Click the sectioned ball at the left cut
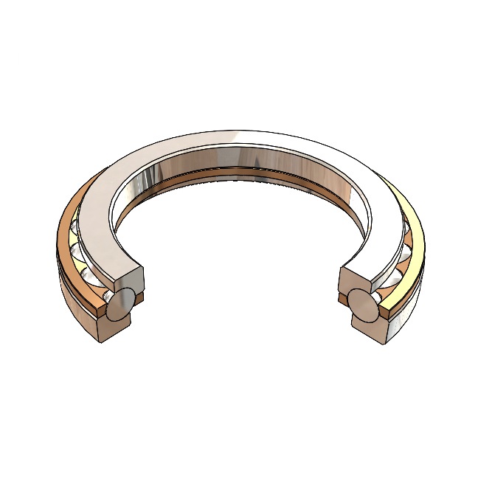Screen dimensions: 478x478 point(120,305)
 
